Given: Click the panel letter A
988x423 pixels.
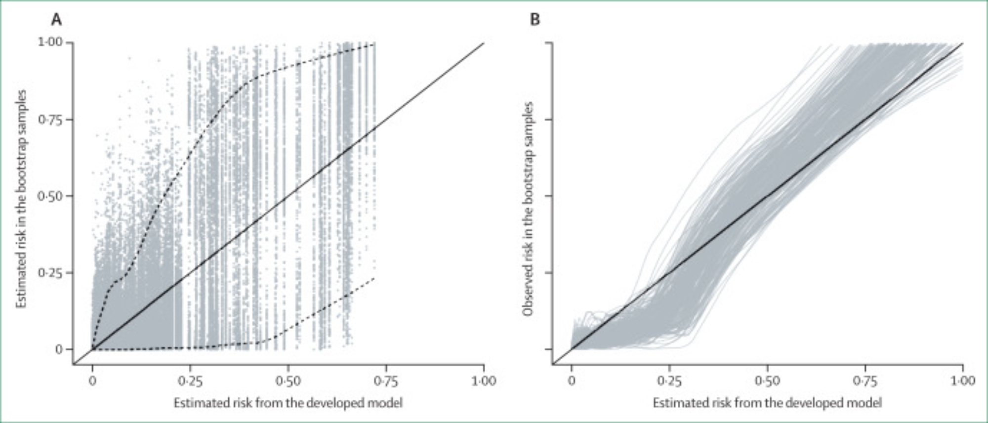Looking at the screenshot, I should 57,20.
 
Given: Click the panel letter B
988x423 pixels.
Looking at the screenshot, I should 535,20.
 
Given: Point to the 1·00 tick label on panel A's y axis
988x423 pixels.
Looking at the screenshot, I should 50,42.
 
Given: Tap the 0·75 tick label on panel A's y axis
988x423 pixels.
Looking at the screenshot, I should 50,120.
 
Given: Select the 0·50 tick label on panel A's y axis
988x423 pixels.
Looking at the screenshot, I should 50,196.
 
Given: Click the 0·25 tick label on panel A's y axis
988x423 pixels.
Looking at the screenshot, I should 50,273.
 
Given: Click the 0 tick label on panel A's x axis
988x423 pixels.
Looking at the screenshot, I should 92,381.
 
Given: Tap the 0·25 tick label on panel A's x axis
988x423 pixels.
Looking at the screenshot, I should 190,381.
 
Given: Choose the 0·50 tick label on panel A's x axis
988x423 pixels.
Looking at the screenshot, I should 288,381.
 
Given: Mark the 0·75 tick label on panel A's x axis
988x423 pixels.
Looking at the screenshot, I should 386,381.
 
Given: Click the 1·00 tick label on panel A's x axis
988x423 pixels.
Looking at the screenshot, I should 484,381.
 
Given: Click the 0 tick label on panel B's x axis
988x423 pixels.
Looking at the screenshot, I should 572,381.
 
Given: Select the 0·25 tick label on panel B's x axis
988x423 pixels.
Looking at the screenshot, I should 669,381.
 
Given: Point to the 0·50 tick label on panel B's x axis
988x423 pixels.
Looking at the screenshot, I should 767,381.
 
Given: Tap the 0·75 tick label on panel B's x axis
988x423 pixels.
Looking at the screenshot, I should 865,381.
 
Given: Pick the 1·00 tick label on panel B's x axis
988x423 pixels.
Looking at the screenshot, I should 963,381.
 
